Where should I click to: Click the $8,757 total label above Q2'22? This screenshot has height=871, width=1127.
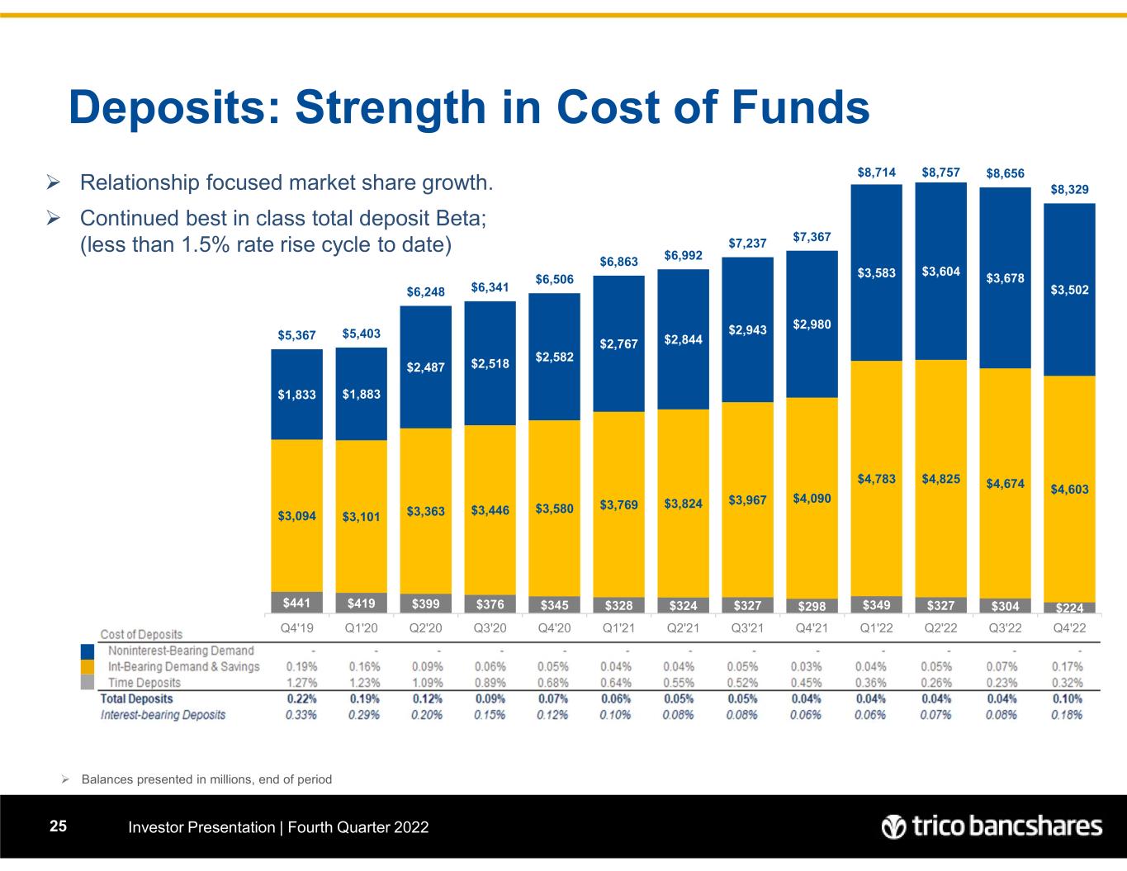tap(940, 173)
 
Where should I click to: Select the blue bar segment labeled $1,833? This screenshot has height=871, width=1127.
tap(296, 395)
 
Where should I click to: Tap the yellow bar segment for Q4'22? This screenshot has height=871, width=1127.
tap(1069, 489)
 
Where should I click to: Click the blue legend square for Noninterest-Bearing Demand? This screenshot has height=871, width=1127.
tap(88, 651)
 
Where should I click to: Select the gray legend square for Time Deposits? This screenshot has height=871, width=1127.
tap(88, 682)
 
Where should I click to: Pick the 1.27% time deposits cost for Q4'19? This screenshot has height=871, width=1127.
tap(301, 683)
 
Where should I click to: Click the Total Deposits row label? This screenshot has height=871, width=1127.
tap(137, 698)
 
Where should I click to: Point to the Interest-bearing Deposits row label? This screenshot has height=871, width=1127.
tap(163, 714)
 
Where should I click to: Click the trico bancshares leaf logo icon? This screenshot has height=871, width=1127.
tap(893, 826)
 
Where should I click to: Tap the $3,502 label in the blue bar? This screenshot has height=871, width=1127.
tap(1069, 290)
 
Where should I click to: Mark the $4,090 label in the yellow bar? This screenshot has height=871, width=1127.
tap(812, 499)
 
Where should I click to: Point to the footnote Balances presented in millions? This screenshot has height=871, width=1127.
tap(206, 779)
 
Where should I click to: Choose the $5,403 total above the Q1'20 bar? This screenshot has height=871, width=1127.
tap(361, 334)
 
